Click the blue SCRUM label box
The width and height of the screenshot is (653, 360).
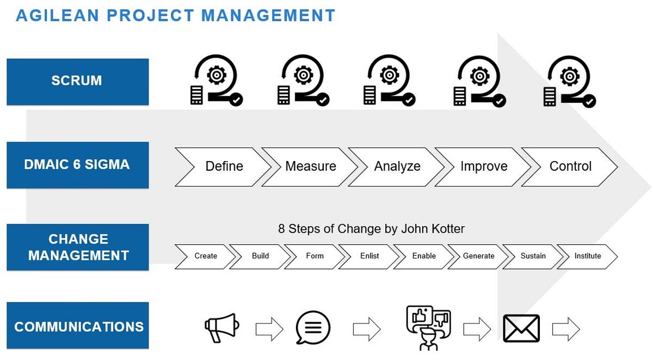click(77, 81)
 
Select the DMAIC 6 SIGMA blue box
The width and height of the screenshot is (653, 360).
click(77, 165)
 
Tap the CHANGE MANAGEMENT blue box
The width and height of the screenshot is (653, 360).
click(77, 247)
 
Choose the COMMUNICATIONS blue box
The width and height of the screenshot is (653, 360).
click(77, 326)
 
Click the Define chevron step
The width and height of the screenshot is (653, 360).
click(224, 166)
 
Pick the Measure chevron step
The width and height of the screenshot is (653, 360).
click(311, 166)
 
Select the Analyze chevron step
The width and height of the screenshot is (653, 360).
click(397, 166)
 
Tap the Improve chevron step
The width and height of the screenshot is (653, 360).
click(484, 166)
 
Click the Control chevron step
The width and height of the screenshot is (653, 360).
click(570, 166)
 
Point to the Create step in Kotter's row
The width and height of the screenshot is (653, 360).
click(206, 256)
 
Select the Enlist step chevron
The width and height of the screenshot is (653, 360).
click(369, 256)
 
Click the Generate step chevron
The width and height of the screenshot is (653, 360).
click(479, 256)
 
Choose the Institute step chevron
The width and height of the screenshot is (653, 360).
click(588, 256)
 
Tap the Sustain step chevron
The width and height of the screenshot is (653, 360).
click(533, 256)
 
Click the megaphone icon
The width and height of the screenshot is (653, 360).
click(221, 327)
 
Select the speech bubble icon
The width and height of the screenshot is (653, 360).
click(313, 328)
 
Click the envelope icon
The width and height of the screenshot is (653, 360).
click(521, 328)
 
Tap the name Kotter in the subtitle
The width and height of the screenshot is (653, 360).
click(446, 228)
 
